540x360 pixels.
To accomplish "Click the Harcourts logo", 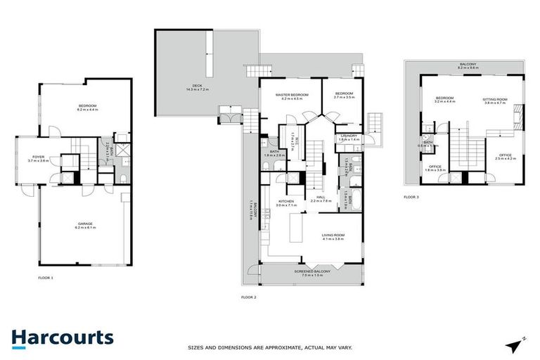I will coord(62,337).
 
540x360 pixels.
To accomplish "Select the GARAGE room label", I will coord(85,224).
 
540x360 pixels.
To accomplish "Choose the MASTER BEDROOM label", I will coord(292,95).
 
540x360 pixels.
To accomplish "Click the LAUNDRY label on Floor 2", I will coord(349,136).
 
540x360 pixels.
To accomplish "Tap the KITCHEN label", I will coord(285,201).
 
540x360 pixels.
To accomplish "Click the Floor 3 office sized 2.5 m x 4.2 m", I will coord(506,155).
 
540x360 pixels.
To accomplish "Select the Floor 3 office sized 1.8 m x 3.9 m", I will coord(436,167).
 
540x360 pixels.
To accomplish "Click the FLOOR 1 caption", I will coord(46,278).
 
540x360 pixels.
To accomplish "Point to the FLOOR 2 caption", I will coord(248,297).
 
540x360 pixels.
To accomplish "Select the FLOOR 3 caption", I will coord(411,197).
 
